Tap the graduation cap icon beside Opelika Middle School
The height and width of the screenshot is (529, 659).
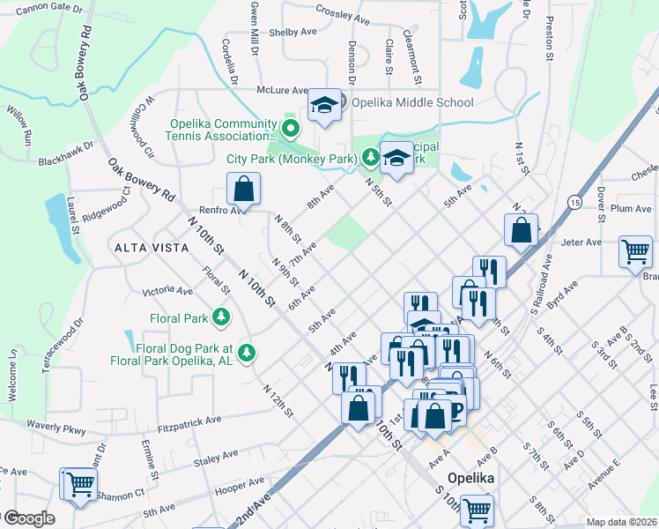click(324, 107)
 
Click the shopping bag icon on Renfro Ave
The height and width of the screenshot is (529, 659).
click(243, 189)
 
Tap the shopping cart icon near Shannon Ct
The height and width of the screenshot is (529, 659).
click(78, 484)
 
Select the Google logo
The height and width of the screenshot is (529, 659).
click(28, 518)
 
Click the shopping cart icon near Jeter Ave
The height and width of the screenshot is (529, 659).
click(635, 251)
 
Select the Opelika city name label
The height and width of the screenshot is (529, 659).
click(470, 477)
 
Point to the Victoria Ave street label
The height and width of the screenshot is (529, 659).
click(167, 290)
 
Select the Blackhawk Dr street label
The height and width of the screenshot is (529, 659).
click(66, 154)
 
